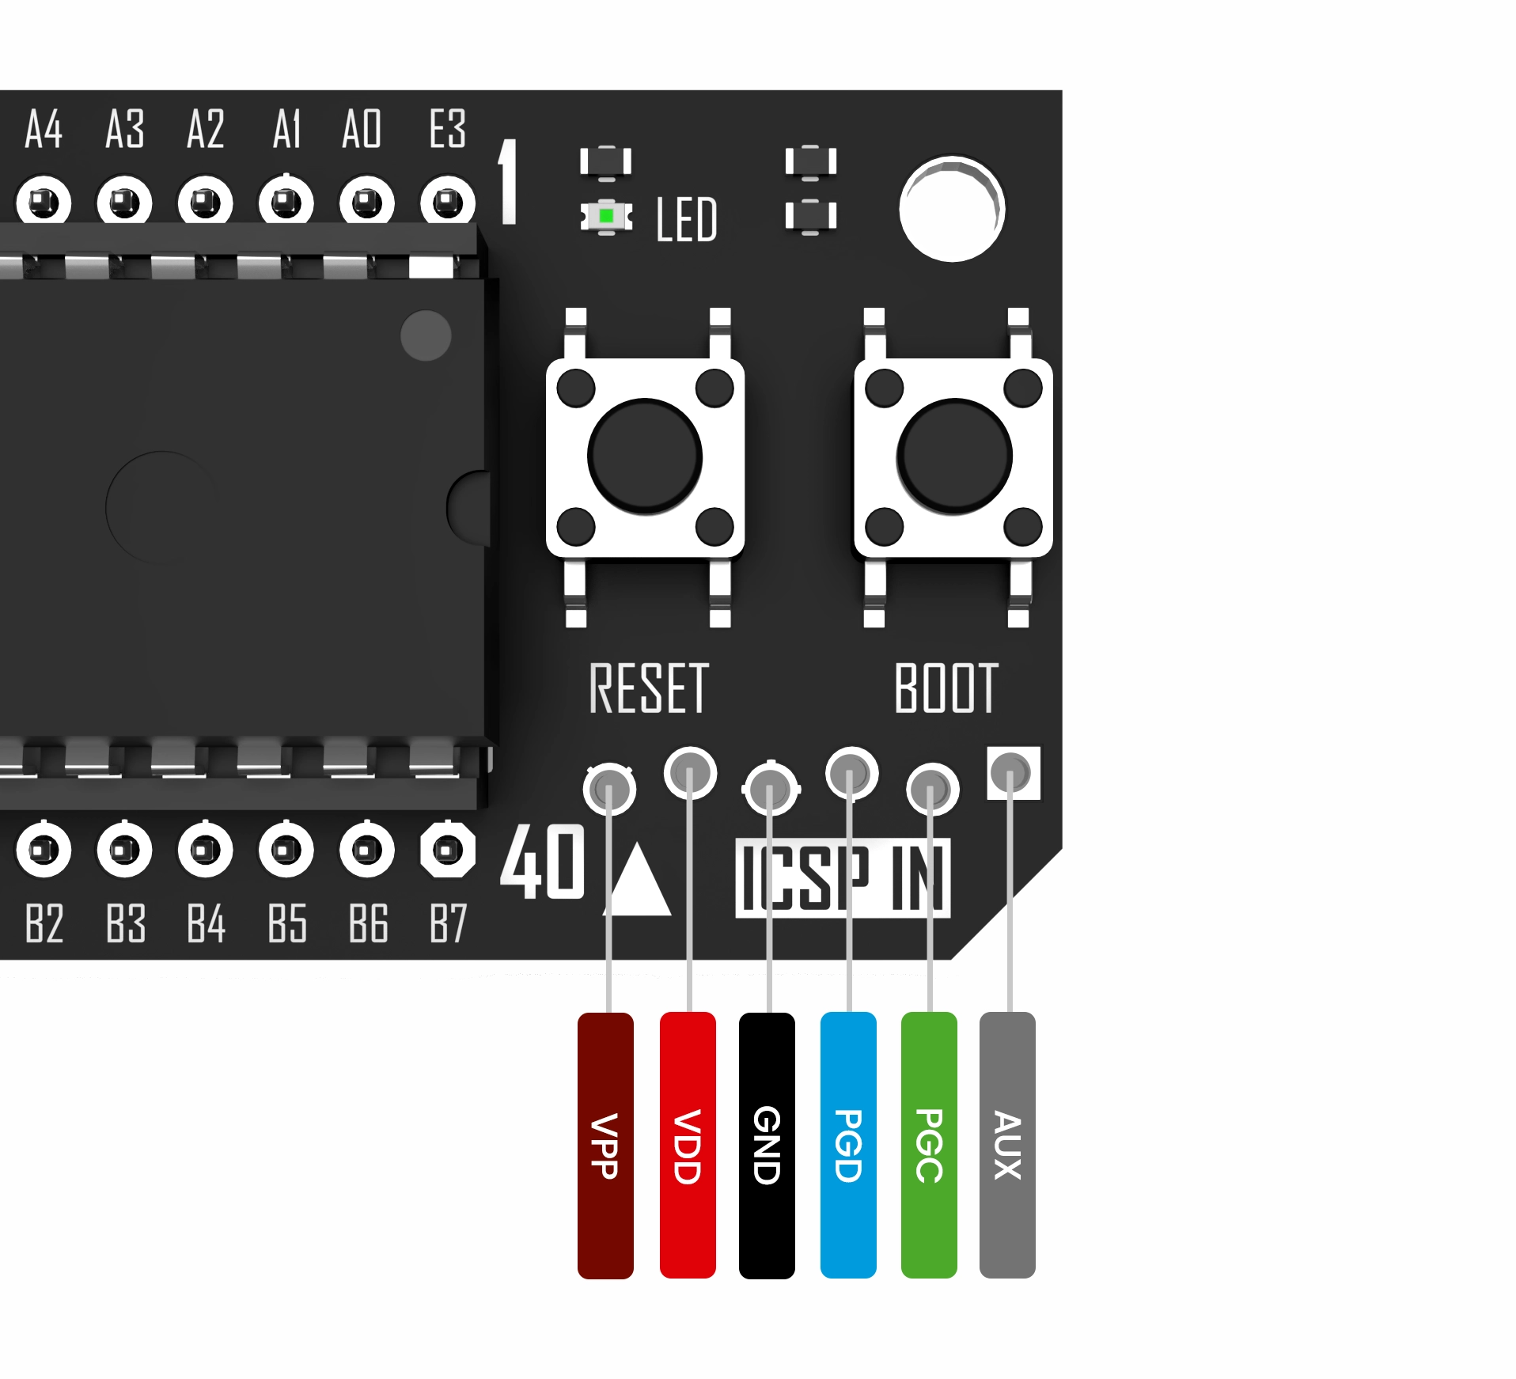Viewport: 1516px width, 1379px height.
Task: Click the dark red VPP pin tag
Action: [605, 1144]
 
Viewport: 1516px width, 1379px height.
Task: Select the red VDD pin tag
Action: [688, 1144]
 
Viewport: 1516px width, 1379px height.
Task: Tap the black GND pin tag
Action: [767, 1144]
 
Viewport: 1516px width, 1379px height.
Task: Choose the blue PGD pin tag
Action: [848, 1144]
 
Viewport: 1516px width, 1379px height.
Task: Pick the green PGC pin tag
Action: [929, 1144]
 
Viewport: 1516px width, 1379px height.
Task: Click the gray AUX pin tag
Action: [1007, 1144]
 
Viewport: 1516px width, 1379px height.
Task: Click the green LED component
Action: [606, 215]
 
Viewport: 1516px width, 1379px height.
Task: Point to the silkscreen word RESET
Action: [648, 688]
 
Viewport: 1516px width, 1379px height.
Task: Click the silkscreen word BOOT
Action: [946, 688]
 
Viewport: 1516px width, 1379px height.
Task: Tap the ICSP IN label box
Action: [843, 877]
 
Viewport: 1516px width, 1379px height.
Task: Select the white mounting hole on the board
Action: [952, 209]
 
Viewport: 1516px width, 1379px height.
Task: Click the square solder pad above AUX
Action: [1014, 772]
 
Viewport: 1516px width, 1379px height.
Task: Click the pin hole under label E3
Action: [448, 203]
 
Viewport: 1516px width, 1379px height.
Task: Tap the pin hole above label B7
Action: [448, 851]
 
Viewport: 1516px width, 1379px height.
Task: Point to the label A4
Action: [44, 130]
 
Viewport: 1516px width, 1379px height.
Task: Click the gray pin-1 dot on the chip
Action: [426, 335]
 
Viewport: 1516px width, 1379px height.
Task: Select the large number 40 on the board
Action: [542, 862]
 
